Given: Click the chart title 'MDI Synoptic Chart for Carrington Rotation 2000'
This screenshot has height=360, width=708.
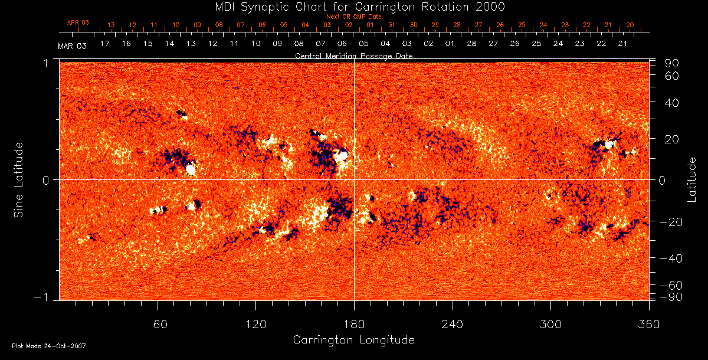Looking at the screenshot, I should click(353, 6).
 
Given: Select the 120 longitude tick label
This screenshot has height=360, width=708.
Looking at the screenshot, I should click(255, 325).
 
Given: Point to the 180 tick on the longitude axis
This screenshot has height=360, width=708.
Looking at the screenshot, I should click(354, 325).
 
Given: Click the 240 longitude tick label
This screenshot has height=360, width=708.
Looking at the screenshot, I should click(452, 325).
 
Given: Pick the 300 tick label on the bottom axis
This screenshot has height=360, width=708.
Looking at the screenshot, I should click(550, 325).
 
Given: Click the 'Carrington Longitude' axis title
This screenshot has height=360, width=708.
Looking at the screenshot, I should click(353, 340).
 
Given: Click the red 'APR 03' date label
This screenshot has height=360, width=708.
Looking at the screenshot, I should click(78, 22).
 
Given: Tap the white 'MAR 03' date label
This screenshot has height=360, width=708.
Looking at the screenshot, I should click(72, 46).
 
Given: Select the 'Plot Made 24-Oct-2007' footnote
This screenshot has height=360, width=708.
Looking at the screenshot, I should click(49, 346).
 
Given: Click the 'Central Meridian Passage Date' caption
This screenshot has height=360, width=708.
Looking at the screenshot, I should click(353, 55).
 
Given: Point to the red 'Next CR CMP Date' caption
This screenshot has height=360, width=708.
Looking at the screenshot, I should click(353, 17).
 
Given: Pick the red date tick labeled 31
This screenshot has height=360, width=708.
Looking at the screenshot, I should click(392, 25).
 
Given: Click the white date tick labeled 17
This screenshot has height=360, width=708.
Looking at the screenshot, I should click(105, 44).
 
